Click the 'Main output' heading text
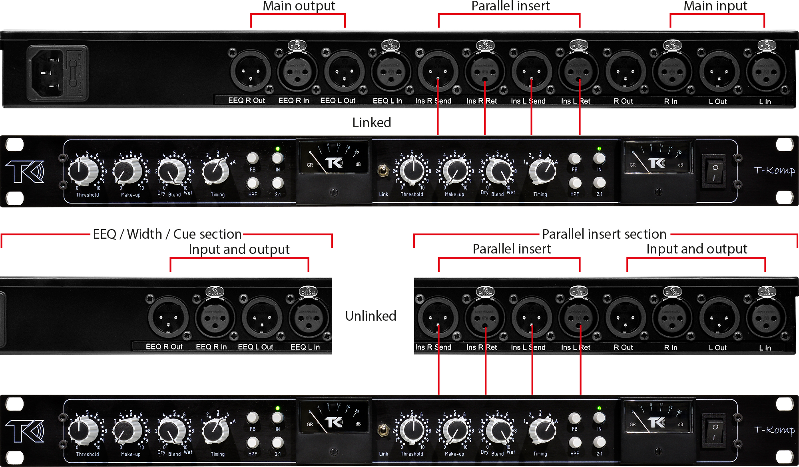(x=299, y=6)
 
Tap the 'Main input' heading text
(x=715, y=6)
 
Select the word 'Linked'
(x=371, y=122)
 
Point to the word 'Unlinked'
(x=371, y=316)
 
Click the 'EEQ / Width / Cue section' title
(x=167, y=234)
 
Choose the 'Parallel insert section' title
(x=604, y=234)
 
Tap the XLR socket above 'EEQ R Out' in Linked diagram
(x=250, y=71)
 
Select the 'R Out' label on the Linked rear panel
(x=623, y=101)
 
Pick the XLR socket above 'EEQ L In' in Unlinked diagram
(x=308, y=318)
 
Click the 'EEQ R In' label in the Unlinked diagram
(x=211, y=347)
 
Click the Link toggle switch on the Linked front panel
(x=383, y=171)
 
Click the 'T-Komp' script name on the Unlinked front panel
(x=774, y=430)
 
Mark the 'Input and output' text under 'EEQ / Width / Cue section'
(x=239, y=249)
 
